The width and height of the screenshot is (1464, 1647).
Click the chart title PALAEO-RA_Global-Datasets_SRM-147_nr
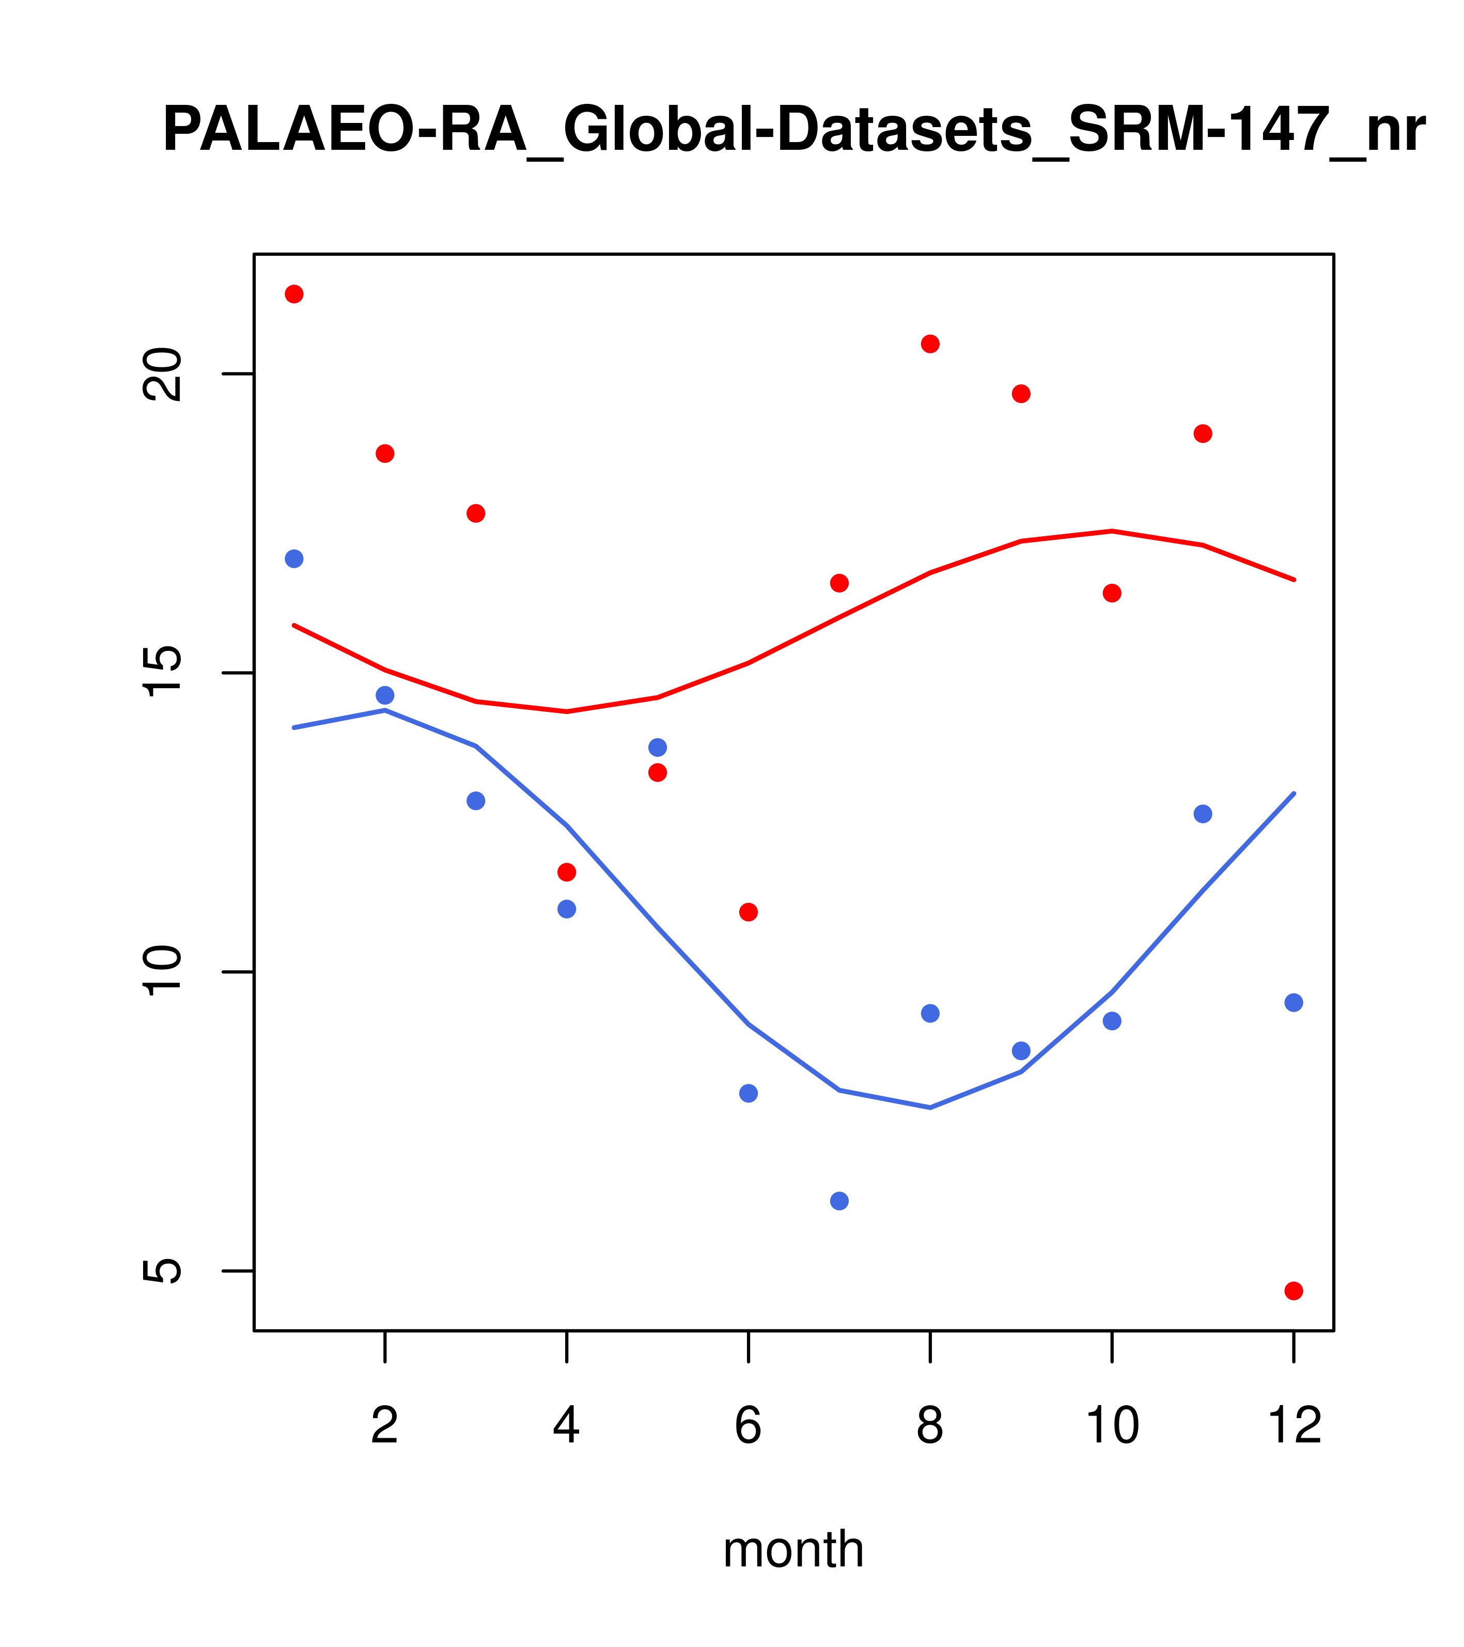pyautogui.click(x=793, y=131)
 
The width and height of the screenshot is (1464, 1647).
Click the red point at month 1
pyautogui.click(x=294, y=294)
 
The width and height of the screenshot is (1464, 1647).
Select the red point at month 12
pyautogui.click(x=1294, y=1291)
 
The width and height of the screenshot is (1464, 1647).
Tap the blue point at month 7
pyautogui.click(x=839, y=1201)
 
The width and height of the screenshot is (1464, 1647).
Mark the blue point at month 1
pyautogui.click(x=294, y=558)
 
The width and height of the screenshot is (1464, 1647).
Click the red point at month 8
pyautogui.click(x=930, y=344)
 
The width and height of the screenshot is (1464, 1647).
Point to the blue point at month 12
pyautogui.click(x=1294, y=1002)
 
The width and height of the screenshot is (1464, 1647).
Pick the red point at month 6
pyautogui.click(x=749, y=912)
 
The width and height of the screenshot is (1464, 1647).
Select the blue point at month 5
pyautogui.click(x=658, y=747)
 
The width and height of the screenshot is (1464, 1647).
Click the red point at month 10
pyautogui.click(x=1112, y=593)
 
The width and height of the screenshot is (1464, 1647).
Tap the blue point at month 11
pyautogui.click(x=1203, y=814)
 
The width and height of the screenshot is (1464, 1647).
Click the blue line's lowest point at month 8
pyautogui.click(x=930, y=1107)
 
